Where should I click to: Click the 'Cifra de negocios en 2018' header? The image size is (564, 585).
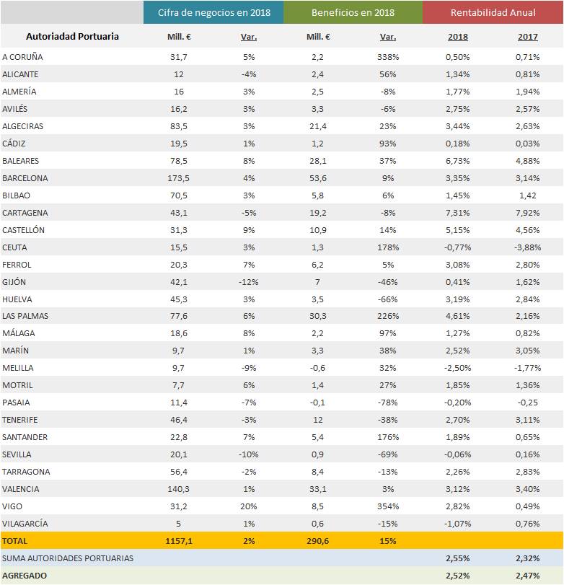[213, 13]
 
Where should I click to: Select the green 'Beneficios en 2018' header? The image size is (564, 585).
[353, 13]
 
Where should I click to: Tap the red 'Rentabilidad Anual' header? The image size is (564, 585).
[493, 13]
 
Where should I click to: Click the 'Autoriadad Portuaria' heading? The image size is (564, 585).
[72, 37]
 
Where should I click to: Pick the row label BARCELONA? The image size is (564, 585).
[25, 178]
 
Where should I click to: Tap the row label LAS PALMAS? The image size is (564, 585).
[26, 317]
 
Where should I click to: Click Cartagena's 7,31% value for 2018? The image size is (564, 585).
[457, 213]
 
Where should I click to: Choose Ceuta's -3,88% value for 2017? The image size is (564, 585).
[527, 247]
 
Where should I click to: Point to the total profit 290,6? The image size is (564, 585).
[318, 540]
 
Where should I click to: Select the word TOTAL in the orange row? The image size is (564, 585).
[16, 540]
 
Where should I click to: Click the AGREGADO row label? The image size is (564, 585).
[25, 576]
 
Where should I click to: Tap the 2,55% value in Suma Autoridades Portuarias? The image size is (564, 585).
[457, 558]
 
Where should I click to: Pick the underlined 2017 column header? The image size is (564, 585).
[527, 37]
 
